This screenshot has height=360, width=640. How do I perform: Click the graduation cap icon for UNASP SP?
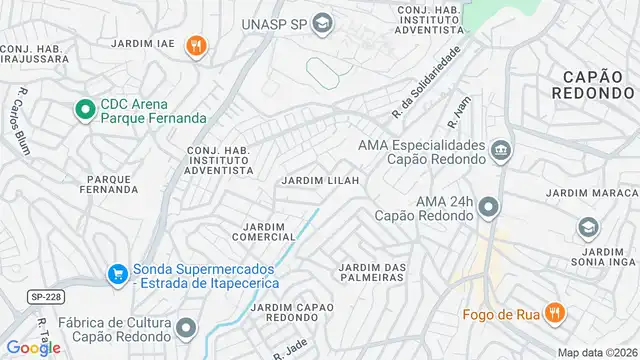(322, 23)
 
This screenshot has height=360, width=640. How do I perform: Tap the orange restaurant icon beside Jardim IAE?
(197, 44)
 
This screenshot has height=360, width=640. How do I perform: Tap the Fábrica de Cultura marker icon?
(186, 327)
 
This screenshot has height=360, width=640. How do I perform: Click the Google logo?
(33, 348)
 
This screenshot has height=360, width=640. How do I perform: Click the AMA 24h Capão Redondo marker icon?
(487, 207)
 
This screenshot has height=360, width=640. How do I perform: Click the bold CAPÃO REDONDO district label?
(592, 83)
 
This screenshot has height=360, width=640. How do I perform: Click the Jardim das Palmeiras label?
(371, 271)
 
